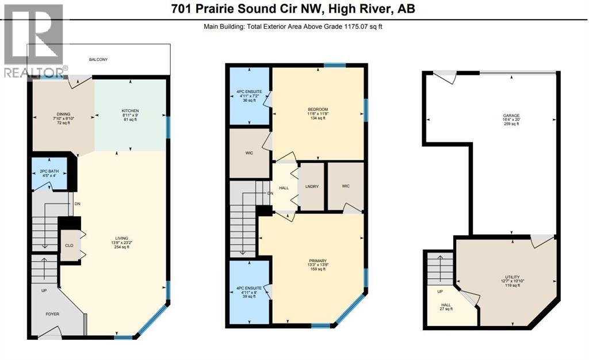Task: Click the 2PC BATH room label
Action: coord(49,171)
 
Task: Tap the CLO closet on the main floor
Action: coord(69,246)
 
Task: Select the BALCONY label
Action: coord(98,59)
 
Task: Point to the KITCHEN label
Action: coord(131,111)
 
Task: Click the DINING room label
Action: coord(63,114)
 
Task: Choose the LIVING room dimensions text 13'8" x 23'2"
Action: coord(122,243)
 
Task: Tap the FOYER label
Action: coord(52,314)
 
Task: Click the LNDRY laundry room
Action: coord(312,186)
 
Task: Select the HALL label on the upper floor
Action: coord(284,187)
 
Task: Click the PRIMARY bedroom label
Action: coord(318,261)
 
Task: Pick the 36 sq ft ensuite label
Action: coord(249,100)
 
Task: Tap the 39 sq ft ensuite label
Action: coord(249,296)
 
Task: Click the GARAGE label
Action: coord(511,115)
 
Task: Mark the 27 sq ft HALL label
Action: coord(446,309)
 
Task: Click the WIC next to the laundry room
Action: coord(346,186)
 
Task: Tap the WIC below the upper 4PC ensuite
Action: coord(250,153)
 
